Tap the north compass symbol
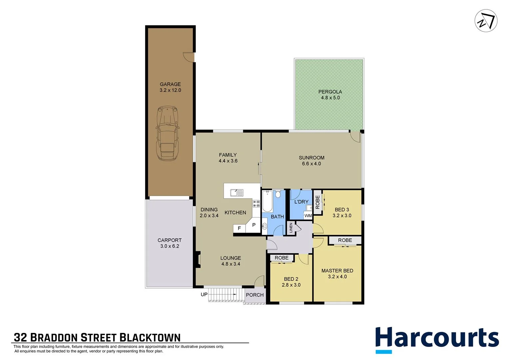(x=486, y=21)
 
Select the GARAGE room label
(x=170, y=84)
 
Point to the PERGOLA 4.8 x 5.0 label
(x=330, y=95)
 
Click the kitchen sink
(x=237, y=193)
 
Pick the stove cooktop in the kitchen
(x=256, y=204)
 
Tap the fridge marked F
(x=239, y=228)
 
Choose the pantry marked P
(x=254, y=225)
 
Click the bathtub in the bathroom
(x=267, y=201)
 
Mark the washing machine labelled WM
(x=308, y=216)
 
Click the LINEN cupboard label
(x=291, y=228)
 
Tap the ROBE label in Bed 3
(x=317, y=202)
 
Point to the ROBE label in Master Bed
(x=345, y=240)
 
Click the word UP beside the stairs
(x=204, y=294)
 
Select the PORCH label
(x=254, y=295)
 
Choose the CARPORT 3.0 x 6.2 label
(x=170, y=243)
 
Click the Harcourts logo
(x=437, y=339)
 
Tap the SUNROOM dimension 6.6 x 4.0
(x=311, y=164)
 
